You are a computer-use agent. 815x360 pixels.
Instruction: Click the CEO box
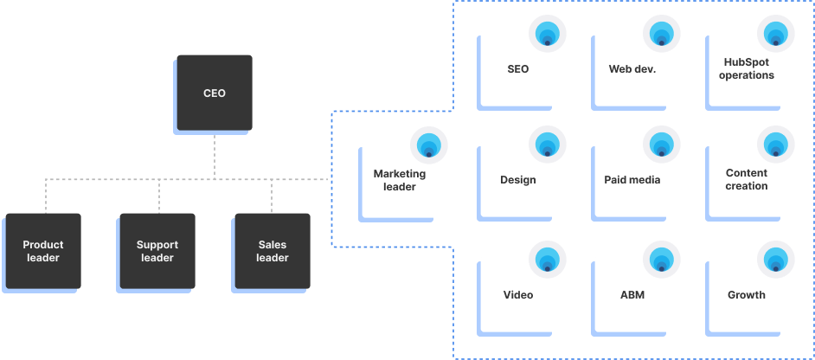click(x=215, y=93)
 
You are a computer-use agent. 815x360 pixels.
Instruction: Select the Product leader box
click(x=43, y=251)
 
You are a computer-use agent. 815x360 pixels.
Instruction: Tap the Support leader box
click(x=157, y=251)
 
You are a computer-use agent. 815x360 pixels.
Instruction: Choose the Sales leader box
click(x=272, y=251)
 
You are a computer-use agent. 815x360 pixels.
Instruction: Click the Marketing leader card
click(x=400, y=180)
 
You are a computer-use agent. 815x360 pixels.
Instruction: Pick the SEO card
click(x=517, y=69)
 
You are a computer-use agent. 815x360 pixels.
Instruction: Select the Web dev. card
click(x=632, y=69)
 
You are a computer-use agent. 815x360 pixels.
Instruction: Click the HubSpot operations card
click(x=746, y=69)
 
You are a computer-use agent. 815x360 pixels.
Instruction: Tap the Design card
click(x=517, y=180)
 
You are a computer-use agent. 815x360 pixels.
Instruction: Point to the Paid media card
click(x=632, y=180)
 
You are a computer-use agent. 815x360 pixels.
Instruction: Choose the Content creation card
click(x=746, y=180)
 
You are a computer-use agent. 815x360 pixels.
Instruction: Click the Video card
click(x=517, y=295)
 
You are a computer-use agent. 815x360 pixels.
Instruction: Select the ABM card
click(x=632, y=295)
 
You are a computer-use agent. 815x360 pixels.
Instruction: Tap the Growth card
click(x=746, y=295)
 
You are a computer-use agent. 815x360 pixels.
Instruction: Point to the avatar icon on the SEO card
click(x=548, y=35)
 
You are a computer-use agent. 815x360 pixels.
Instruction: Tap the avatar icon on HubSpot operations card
click(x=776, y=35)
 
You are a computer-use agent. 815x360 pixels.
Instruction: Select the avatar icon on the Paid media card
click(x=662, y=145)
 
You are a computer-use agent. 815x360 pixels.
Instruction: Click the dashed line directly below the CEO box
click(x=215, y=156)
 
